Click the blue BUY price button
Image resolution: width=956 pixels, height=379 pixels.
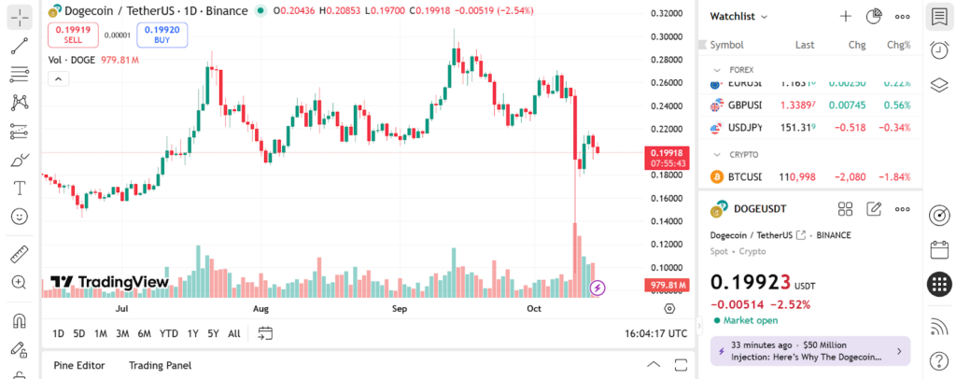[x=162, y=35]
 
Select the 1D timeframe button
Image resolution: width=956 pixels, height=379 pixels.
[x=58, y=333]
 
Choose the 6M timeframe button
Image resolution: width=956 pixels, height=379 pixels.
[x=144, y=333]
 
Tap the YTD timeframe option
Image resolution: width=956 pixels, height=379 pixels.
[x=169, y=333]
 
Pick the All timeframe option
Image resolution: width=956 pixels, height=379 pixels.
[x=233, y=333]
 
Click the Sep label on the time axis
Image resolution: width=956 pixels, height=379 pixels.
[x=400, y=308]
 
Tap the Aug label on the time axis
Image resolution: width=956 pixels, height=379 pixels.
[x=260, y=308]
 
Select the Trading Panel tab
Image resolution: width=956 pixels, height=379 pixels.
[x=160, y=365]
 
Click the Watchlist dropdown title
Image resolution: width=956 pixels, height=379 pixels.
[x=738, y=16]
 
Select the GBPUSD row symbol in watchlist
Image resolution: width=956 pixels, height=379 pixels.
[x=744, y=105]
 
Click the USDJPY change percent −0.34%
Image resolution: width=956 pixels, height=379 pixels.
[x=892, y=127]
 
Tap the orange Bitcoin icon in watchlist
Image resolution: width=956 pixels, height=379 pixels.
[x=717, y=176]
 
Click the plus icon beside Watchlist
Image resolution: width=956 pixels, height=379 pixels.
[x=845, y=16]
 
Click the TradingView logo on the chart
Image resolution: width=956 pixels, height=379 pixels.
[x=109, y=282]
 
